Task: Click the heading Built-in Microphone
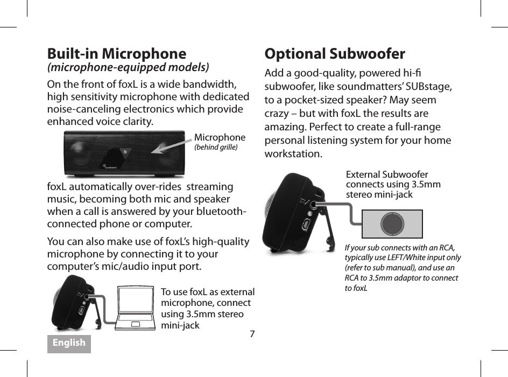117,54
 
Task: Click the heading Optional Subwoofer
335,54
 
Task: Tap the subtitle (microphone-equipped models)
128,67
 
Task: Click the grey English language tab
69,343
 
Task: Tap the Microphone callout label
220,137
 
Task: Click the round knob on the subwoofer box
392,224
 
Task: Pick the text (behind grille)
215,147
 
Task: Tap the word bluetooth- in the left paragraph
222,212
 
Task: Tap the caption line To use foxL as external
208,292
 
